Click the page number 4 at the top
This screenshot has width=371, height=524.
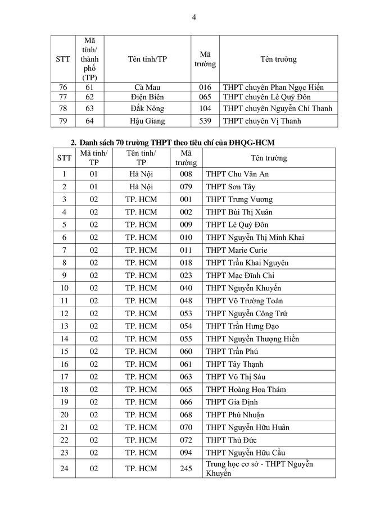(x=194, y=17)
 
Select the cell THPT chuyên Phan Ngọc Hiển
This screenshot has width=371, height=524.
(x=273, y=88)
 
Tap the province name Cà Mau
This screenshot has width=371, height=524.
(x=147, y=88)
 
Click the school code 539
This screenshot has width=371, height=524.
(x=205, y=121)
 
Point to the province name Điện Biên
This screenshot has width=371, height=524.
(x=147, y=97)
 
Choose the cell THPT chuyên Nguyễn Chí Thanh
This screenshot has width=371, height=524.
(x=277, y=108)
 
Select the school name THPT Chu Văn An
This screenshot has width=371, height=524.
(x=237, y=174)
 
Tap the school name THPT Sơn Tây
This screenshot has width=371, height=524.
(x=231, y=186)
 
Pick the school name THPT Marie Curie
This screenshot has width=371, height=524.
(x=237, y=250)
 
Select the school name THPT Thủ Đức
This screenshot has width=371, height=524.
(x=231, y=440)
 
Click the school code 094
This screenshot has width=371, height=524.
(x=186, y=453)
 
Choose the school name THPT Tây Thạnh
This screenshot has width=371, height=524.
(x=234, y=364)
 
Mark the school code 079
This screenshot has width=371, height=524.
(x=186, y=186)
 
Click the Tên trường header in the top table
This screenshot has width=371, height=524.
(x=278, y=59)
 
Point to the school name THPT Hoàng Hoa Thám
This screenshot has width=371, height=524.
(x=246, y=390)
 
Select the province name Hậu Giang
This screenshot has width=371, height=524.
(x=147, y=121)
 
